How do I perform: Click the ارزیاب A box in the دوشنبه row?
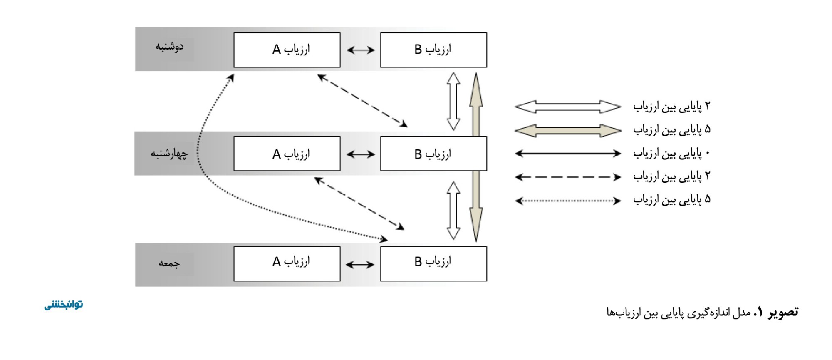click(x=287, y=50)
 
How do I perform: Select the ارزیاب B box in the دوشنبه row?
click(x=433, y=50)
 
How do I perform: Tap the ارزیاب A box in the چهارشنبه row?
click(x=287, y=154)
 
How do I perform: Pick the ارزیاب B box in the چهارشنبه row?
click(x=433, y=154)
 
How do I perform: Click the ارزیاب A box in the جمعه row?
click(x=287, y=263)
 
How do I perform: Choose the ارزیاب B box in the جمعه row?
click(x=433, y=263)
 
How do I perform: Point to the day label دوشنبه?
click(x=169, y=47)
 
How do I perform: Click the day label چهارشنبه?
click(x=169, y=154)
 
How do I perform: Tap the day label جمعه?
click(x=169, y=263)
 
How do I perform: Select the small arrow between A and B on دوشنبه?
click(x=361, y=50)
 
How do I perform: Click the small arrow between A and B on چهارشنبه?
click(x=361, y=154)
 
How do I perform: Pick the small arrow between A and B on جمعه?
click(x=360, y=265)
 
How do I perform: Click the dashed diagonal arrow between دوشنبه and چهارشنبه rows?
click(x=362, y=101)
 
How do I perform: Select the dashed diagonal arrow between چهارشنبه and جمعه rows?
click(x=359, y=204)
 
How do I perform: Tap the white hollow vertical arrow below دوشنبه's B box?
click(x=453, y=101)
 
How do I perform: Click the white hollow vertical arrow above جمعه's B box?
click(x=453, y=211)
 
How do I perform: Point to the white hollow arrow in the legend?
click(x=568, y=107)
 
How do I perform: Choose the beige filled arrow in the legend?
click(x=568, y=130)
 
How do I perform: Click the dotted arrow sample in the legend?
click(x=568, y=201)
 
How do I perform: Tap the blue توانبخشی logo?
click(x=64, y=305)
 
